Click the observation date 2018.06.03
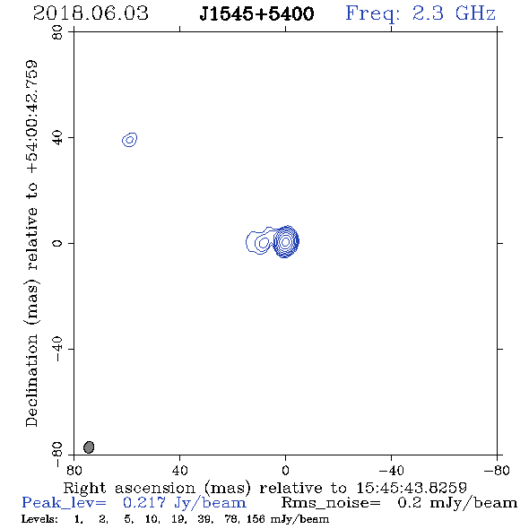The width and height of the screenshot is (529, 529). [x=91, y=13]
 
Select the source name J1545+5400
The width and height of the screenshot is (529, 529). [x=256, y=13]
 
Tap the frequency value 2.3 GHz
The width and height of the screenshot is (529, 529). [x=454, y=13]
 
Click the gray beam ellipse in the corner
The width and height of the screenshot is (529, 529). [x=89, y=447]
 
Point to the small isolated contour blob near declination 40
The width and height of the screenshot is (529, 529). [x=129, y=139]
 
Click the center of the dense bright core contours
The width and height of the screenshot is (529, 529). [x=285, y=241]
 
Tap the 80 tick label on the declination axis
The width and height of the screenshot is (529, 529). [x=57, y=32]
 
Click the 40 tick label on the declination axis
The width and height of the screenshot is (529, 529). [x=57, y=138]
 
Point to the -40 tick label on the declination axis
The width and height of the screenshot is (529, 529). [x=57, y=349]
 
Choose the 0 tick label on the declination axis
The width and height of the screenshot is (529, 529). [x=57, y=243]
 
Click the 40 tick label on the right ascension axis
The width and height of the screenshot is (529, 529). [x=179, y=471]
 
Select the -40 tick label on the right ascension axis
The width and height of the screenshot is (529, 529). [x=391, y=471]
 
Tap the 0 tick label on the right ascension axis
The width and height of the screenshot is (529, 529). [x=285, y=471]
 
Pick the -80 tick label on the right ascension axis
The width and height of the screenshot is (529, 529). [x=497, y=471]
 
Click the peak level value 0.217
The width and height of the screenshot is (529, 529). [x=144, y=503]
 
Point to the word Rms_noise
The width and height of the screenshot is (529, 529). [x=331, y=503]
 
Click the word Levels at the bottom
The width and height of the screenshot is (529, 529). [x=39, y=519]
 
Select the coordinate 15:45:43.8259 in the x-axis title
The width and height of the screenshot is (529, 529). [x=412, y=488]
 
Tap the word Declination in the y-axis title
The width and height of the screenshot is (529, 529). [x=31, y=381]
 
